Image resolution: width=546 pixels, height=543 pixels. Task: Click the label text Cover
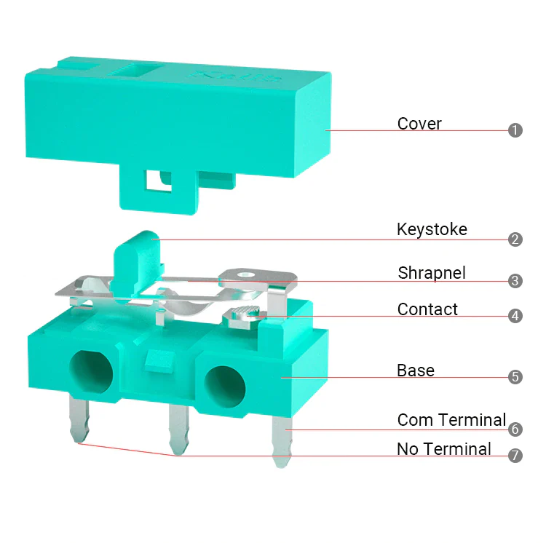(419, 124)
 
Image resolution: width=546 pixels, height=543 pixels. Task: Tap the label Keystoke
(432, 229)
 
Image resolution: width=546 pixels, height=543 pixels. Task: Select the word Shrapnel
(432, 273)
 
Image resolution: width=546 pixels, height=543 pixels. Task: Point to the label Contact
(427, 309)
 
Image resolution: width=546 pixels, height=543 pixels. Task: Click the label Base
(416, 370)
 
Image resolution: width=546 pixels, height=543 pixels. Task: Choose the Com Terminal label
(451, 420)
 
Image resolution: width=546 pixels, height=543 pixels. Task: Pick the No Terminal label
(444, 449)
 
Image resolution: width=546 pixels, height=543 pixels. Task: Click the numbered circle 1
(515, 130)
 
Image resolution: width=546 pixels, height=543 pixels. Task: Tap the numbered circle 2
(515, 239)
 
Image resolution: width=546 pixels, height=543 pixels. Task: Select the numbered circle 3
(515, 281)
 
